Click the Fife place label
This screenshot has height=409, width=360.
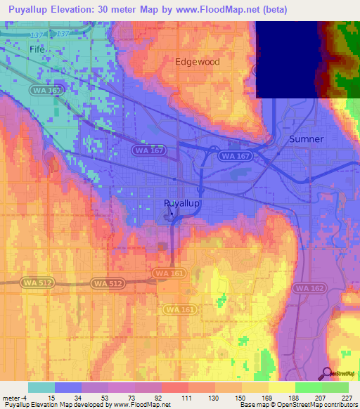click(x=36, y=50)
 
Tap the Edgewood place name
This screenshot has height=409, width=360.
click(x=198, y=62)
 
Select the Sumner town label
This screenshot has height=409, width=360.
click(x=307, y=139)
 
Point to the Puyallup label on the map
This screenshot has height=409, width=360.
click(x=182, y=203)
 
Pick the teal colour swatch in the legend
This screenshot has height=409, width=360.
click(x=41, y=387)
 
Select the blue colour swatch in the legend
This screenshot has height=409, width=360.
click(x=68, y=387)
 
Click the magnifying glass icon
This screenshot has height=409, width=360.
click(x=326, y=374)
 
